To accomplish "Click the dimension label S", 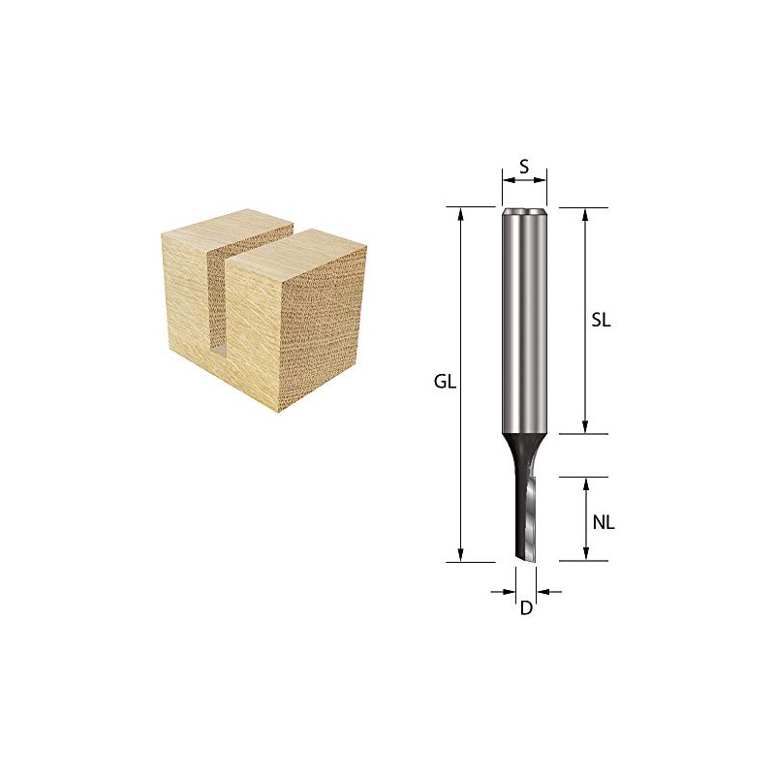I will [x=524, y=166].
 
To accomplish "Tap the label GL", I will [x=445, y=382].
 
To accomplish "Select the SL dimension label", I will [x=601, y=322].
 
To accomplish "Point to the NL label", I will [x=604, y=522].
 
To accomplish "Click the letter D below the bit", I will [x=526, y=609].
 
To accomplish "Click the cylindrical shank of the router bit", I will [x=525, y=320].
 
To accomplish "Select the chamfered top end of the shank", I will [x=525, y=210].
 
